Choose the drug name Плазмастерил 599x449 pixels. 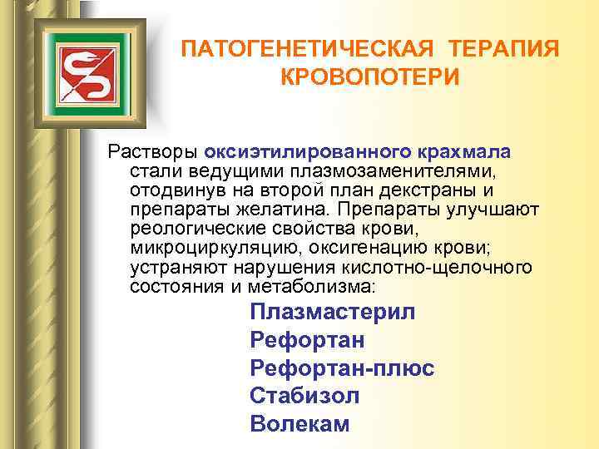point(332,313)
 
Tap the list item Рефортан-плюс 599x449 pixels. point(342,368)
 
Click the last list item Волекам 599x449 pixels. point(299,423)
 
